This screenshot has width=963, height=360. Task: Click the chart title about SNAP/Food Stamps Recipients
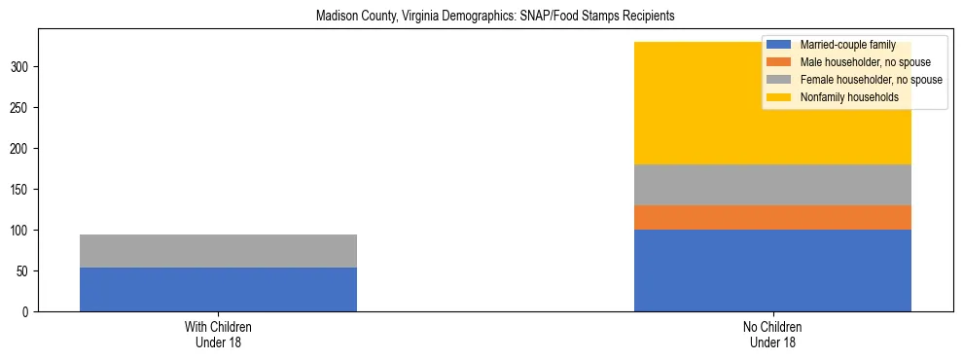coord(495,17)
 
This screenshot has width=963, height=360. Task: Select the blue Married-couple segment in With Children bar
coord(218,289)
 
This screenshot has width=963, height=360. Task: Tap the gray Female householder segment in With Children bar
coord(218,251)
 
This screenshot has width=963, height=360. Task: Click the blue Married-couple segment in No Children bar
coord(772,270)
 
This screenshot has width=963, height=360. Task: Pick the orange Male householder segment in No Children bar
coord(772,217)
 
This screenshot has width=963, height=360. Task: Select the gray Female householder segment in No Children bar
coord(772,185)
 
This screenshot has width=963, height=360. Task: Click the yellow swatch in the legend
coord(779,97)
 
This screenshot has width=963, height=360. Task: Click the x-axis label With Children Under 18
coord(218,335)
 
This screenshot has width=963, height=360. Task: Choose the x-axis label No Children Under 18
coord(772,335)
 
